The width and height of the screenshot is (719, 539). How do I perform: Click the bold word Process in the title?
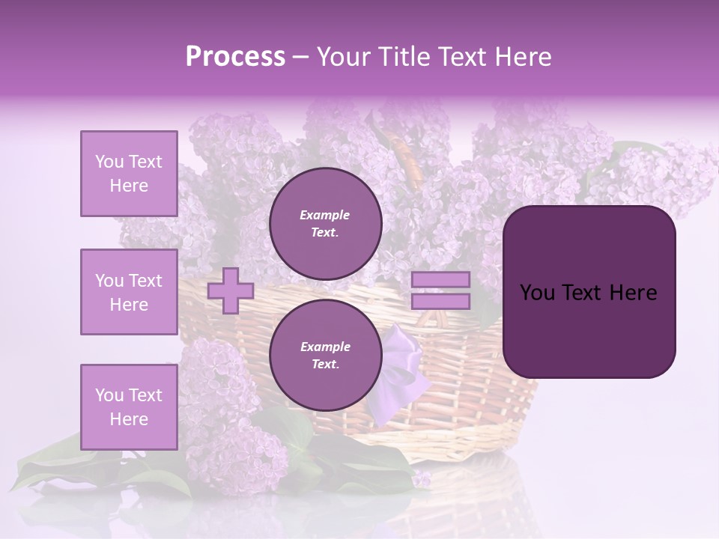click(235, 57)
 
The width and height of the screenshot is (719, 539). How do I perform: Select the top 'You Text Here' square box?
click(129, 174)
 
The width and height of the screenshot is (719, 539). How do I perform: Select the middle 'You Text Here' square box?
click(129, 292)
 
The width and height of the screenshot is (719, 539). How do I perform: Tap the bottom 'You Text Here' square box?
click(129, 407)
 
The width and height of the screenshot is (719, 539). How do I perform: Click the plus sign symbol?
click(231, 290)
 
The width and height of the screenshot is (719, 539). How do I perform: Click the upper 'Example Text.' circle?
click(325, 224)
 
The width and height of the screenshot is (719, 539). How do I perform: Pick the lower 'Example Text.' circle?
click(325, 356)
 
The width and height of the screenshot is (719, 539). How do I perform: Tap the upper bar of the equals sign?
click(440, 280)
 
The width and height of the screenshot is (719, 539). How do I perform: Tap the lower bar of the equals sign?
click(440, 302)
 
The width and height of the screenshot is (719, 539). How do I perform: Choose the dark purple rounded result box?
click(589, 292)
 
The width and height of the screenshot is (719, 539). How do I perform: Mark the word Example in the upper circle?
click(325, 215)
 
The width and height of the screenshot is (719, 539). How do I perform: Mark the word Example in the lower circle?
click(325, 347)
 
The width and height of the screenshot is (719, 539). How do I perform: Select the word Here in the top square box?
click(129, 186)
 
